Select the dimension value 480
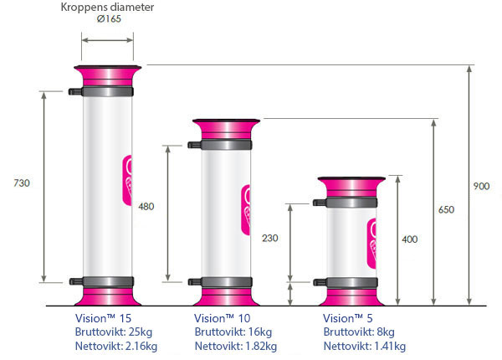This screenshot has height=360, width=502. click(x=147, y=206)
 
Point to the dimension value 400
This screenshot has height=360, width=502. click(x=409, y=239)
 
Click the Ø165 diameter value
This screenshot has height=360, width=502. click(x=108, y=20)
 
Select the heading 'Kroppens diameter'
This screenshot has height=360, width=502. click(x=107, y=8)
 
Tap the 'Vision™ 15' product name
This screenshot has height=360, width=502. click(x=104, y=318)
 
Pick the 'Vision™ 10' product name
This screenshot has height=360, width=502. click(x=223, y=318)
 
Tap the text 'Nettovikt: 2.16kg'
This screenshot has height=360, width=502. click(x=115, y=346)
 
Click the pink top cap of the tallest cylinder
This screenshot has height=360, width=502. click(x=107, y=75)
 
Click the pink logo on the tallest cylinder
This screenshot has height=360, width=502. click(x=128, y=177)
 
